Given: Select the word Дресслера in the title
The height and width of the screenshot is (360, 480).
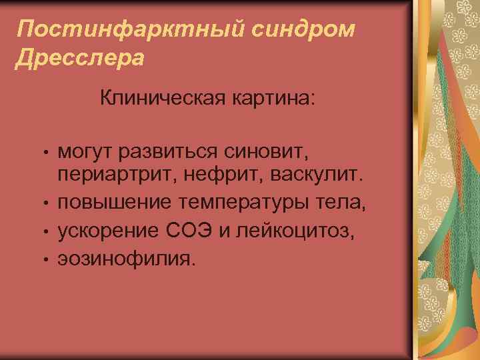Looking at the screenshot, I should click(x=79, y=58).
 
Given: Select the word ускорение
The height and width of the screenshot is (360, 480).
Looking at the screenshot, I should click(x=107, y=230).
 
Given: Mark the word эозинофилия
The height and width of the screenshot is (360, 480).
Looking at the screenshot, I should click(x=127, y=256).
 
